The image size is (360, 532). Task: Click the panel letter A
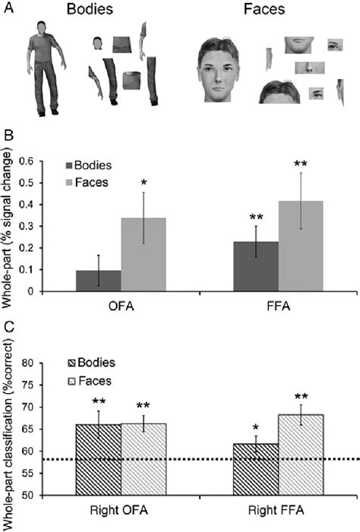pyautogui.click(x=7, y=8)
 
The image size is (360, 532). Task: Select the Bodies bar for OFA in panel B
pyautogui.click(x=98, y=280)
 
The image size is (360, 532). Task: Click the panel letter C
pyautogui.click(x=7, y=329)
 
